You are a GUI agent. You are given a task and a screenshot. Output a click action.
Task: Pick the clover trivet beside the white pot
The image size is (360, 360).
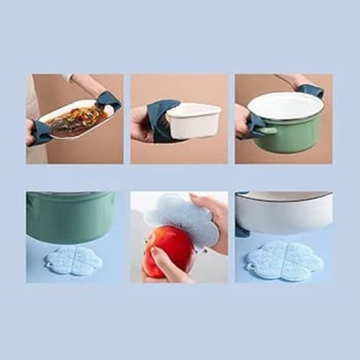tap(285, 260)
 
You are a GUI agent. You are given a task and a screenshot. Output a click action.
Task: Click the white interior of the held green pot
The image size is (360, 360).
tap(286, 106)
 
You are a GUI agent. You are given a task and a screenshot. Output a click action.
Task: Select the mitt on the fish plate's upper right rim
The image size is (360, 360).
tap(110, 101)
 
